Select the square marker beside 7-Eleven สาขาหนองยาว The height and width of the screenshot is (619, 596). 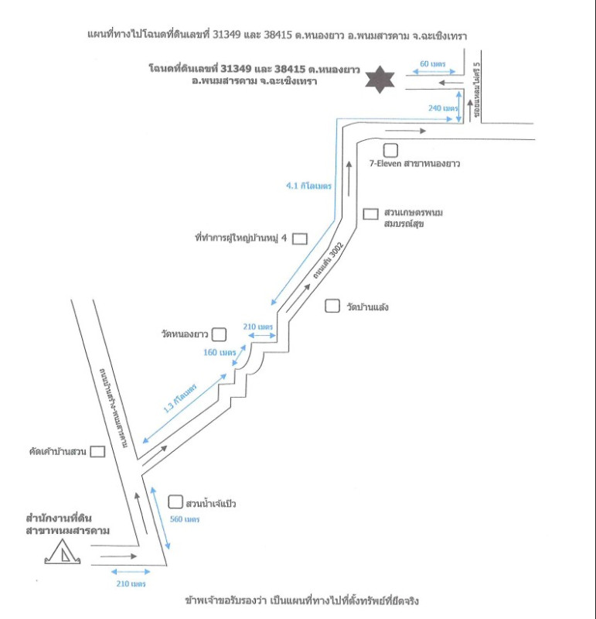tap(390, 150)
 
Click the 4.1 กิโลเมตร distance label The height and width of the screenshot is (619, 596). tap(308, 186)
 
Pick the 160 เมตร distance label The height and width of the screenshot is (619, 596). tap(219, 352)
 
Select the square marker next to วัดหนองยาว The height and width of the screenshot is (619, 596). tap(220, 334)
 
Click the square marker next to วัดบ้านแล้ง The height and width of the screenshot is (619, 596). tap(332, 306)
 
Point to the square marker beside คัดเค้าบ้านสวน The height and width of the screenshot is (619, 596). tap(97, 451)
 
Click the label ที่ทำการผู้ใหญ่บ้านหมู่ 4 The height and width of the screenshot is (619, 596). tap(241, 238)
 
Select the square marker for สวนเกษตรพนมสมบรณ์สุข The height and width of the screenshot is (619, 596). tap(370, 213)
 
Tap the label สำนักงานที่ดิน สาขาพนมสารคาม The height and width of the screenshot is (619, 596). tap(67, 524)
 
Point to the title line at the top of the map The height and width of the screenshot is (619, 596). tap(279, 36)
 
